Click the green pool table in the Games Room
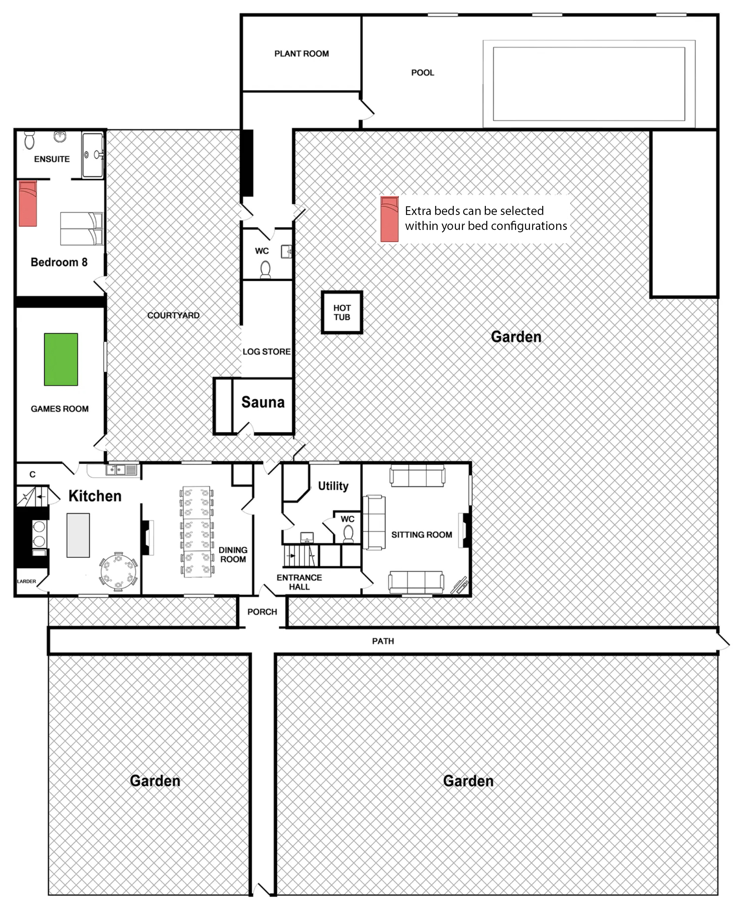(x=61, y=359)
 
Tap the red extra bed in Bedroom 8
(x=28, y=203)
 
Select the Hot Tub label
(x=342, y=312)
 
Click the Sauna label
(x=263, y=402)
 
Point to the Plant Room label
(x=301, y=54)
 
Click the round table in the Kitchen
(x=119, y=572)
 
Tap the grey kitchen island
(x=78, y=535)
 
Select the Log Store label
(x=266, y=351)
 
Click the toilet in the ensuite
(x=30, y=140)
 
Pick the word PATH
(x=383, y=641)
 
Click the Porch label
(x=262, y=611)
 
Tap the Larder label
(x=26, y=581)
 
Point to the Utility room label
(x=333, y=486)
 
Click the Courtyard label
(x=173, y=315)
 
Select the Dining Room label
(x=233, y=555)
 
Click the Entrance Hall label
(x=299, y=582)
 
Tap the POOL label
(x=422, y=73)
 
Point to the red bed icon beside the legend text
(x=390, y=219)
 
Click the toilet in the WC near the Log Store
(x=266, y=270)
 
